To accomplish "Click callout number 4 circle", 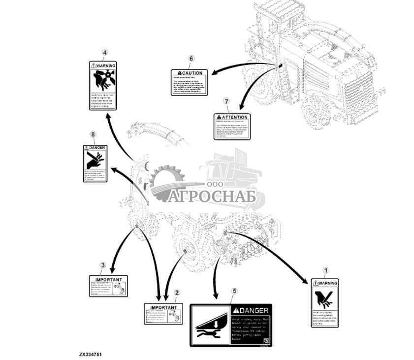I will coord(104,53).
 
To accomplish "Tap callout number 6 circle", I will coord(191,59).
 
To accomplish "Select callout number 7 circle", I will coord(226,101).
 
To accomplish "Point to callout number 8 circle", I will coord(93,133).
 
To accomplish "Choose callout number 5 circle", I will coord(234,291).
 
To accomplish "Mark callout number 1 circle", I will coord(325,270).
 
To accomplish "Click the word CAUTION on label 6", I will coord(192,73).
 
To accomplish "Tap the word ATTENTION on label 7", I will coord(233,117).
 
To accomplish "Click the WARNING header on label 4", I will coord(105,65).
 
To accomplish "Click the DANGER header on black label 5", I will coord(254,310).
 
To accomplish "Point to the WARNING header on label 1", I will coord(327,283).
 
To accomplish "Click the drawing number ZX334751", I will coord(91,354).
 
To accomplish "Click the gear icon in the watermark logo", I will coord(167,183).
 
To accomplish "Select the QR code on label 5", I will coord(266,341).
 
